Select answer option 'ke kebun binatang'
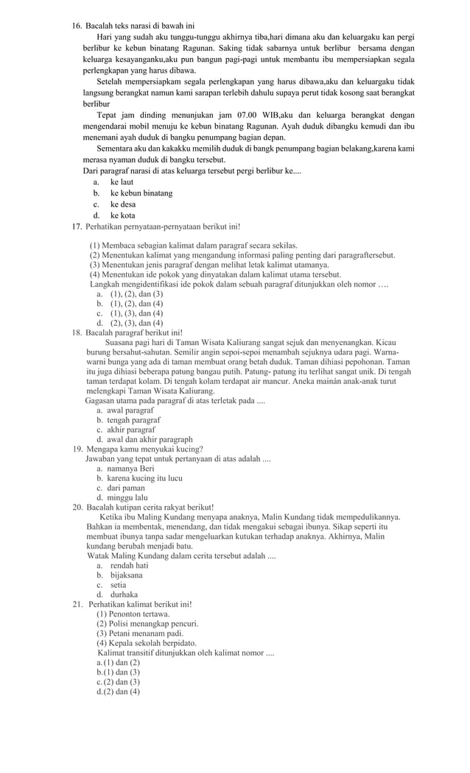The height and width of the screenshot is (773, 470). pyautogui.click(x=141, y=193)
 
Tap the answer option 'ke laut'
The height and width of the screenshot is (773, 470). pyautogui.click(x=122, y=182)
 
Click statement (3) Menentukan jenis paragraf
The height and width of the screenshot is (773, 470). pyautogui.click(x=209, y=264)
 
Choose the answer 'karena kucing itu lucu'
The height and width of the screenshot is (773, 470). pyautogui.click(x=144, y=478)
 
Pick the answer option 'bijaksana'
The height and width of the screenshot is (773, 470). pyautogui.click(x=126, y=575)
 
